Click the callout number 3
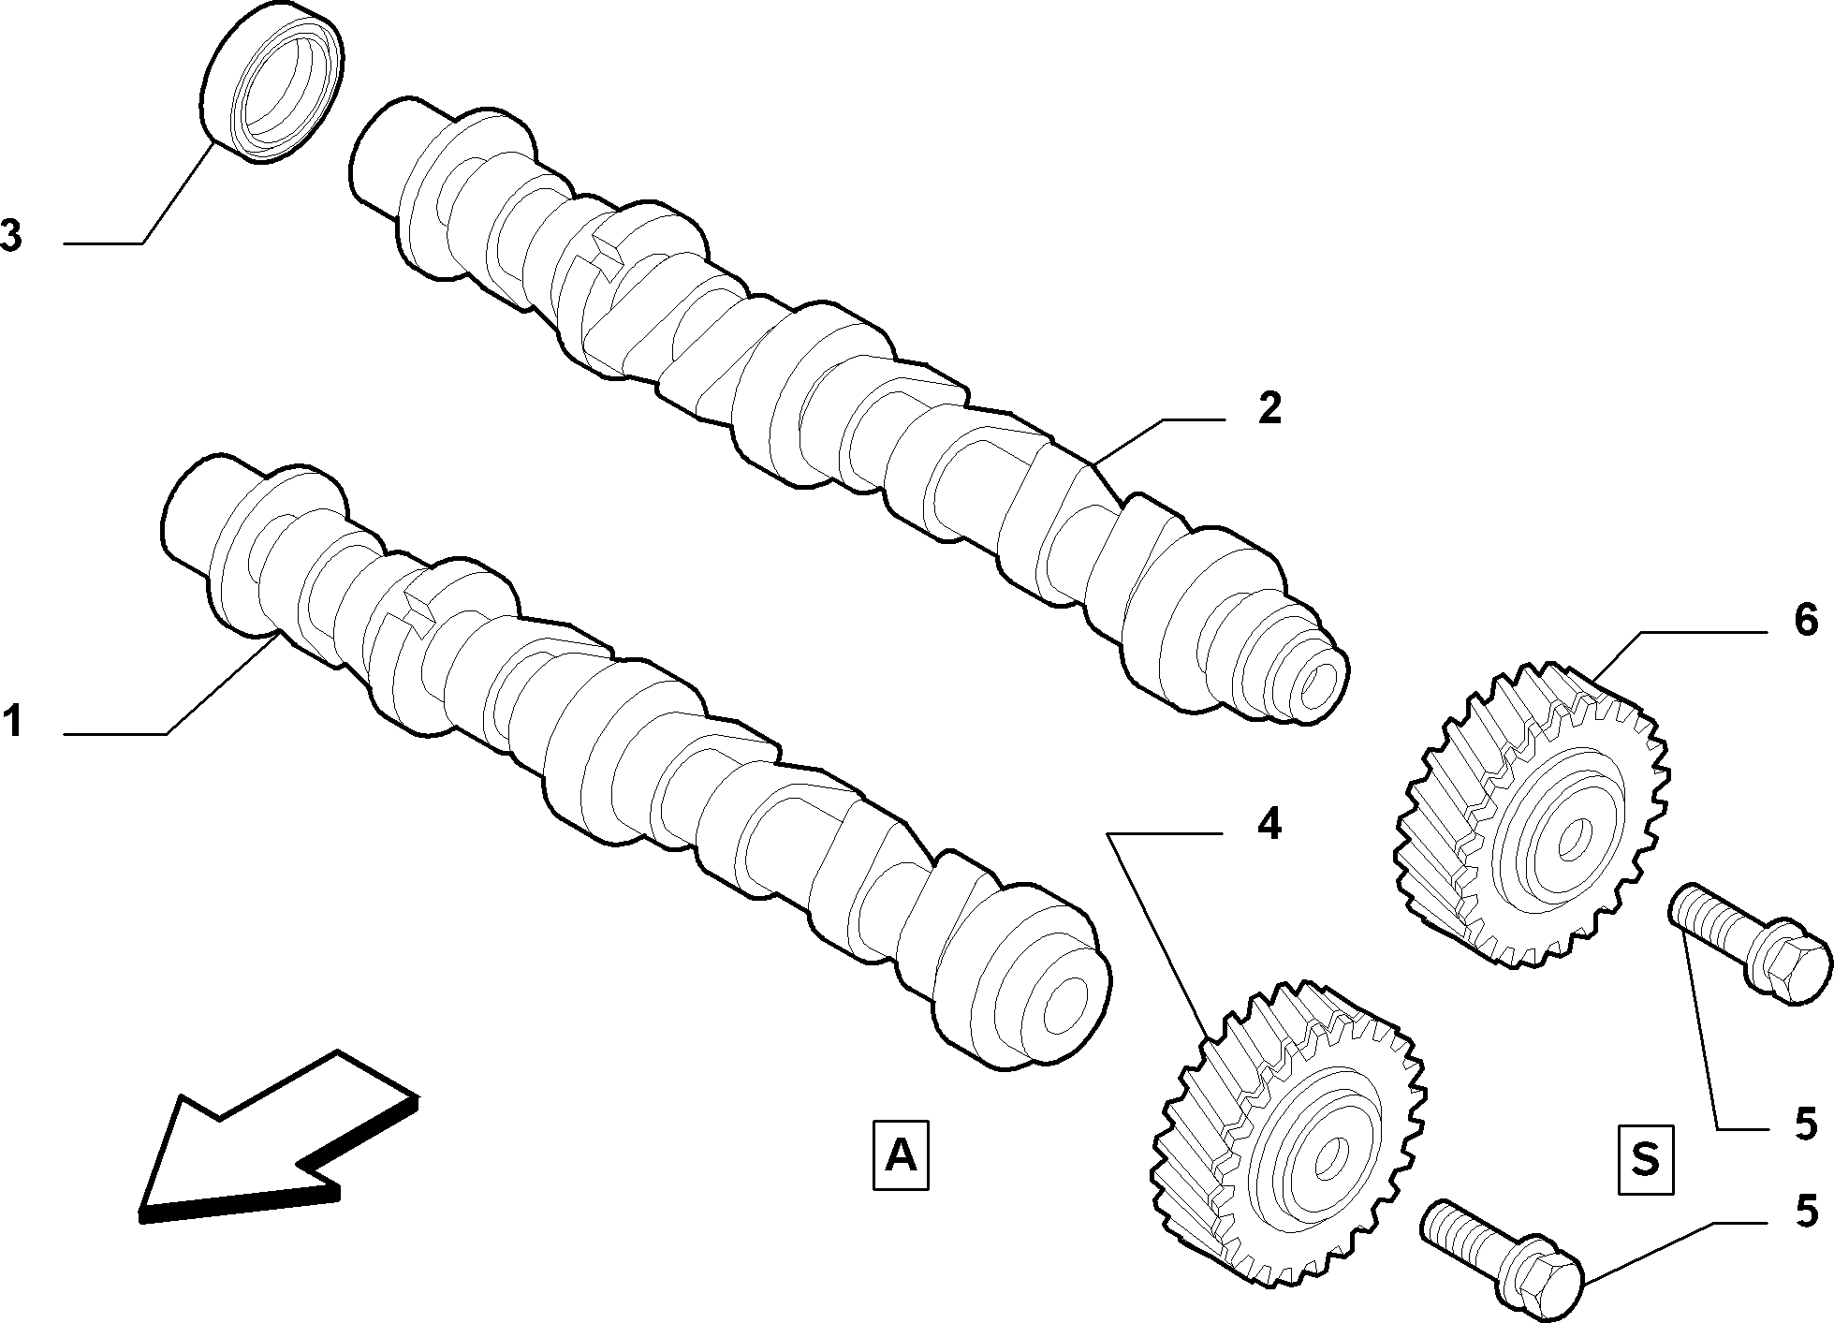pos(11,236)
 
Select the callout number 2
pos(1269,409)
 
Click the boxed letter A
pos(901,1154)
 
